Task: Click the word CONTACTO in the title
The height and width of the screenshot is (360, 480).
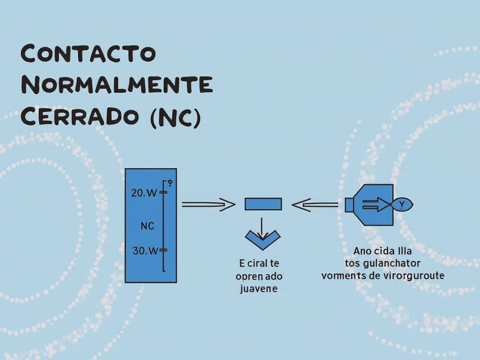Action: tap(88, 54)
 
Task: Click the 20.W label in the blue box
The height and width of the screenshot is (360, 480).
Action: tap(144, 193)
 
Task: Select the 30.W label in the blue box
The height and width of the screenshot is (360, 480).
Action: tap(145, 251)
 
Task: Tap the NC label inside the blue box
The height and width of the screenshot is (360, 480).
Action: tap(148, 225)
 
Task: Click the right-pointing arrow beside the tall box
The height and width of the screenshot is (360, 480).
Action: tap(208, 204)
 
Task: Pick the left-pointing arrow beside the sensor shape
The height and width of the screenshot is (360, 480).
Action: tap(315, 204)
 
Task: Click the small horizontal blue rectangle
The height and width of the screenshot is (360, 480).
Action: tap(263, 204)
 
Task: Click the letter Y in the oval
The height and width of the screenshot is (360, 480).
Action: tap(402, 204)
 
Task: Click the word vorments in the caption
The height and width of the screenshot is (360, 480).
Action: tap(344, 275)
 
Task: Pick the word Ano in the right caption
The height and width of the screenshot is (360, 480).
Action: tap(361, 250)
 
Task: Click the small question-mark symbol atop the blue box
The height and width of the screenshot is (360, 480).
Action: tap(170, 183)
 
